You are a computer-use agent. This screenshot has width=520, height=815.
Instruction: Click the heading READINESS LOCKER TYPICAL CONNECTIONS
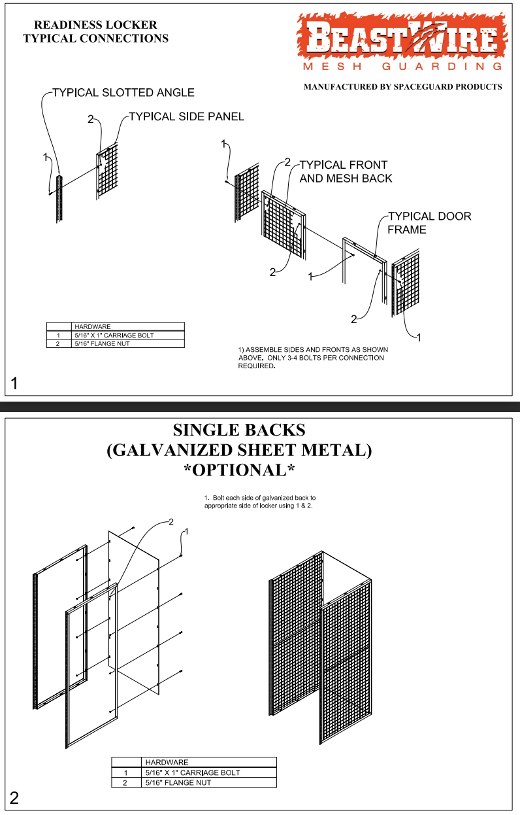(x=95, y=31)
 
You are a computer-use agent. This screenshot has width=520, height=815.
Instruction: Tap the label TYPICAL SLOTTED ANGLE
(x=123, y=93)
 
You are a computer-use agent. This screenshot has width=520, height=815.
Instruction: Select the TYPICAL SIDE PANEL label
(x=186, y=116)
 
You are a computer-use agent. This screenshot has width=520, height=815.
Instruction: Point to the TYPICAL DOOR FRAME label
(x=429, y=222)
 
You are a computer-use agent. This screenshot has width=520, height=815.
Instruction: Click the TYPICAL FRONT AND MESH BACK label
(x=344, y=171)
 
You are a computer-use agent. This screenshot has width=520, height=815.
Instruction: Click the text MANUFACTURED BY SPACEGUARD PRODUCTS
(x=402, y=86)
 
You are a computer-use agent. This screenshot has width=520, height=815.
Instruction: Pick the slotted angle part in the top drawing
(x=59, y=199)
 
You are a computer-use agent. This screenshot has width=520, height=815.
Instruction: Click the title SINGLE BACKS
(x=238, y=430)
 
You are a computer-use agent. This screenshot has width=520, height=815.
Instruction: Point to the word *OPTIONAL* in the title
(x=238, y=470)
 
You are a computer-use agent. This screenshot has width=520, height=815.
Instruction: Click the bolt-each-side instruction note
(x=259, y=502)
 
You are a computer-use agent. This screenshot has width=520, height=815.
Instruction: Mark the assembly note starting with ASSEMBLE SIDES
(x=312, y=358)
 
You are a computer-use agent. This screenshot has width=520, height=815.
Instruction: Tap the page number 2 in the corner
(x=14, y=798)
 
